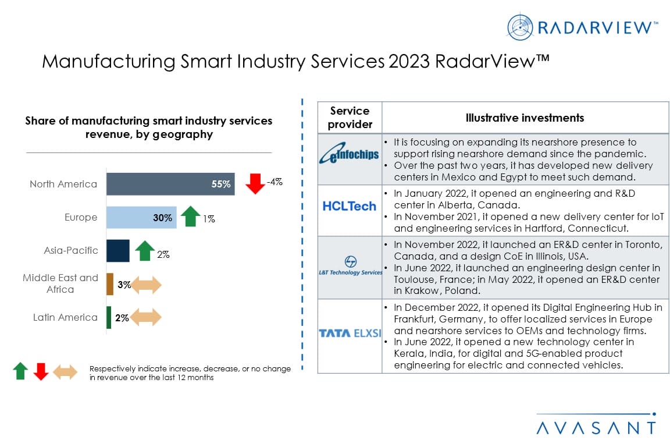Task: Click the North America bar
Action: [x=170, y=184]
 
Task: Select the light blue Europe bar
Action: [x=141, y=218]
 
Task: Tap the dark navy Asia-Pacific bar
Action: [x=117, y=250]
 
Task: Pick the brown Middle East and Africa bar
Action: [x=110, y=284]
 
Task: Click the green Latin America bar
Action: [x=109, y=317]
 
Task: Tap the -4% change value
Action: [x=275, y=182]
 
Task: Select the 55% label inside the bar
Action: [x=221, y=185]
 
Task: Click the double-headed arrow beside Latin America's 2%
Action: [x=145, y=317]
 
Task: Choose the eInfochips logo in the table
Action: [x=350, y=155]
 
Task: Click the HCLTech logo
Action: [x=350, y=206]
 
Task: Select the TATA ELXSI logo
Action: [x=350, y=333]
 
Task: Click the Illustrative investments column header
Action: [x=525, y=118]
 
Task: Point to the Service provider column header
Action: [x=350, y=118]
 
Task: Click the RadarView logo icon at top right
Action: [x=519, y=27]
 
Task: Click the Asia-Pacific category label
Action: [x=71, y=250]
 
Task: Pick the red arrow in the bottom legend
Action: [x=41, y=371]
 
